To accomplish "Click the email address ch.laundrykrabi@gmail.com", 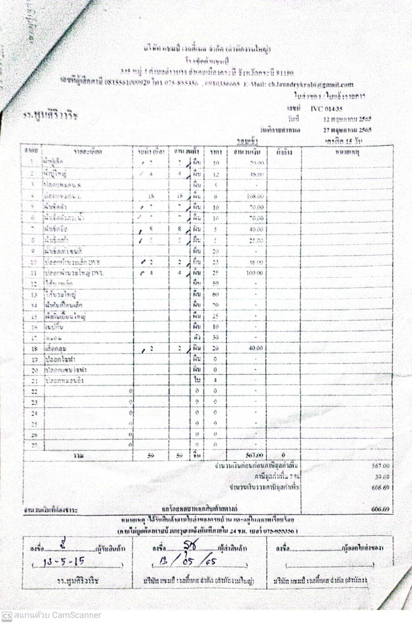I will click(x=311, y=84).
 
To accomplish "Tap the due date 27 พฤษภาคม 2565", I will click(x=347, y=130).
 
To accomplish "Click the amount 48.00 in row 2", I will click(x=256, y=174).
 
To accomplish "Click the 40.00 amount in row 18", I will click(x=256, y=348).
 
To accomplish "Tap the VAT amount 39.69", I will click(x=382, y=477).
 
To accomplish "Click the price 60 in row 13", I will click(x=216, y=295).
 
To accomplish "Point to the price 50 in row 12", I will click(x=216, y=284).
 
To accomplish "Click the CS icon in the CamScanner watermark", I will click(x=6, y=616).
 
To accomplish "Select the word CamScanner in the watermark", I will click(x=77, y=615).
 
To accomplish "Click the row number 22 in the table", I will click(x=34, y=391).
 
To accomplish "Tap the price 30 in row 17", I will click(x=216, y=337).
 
